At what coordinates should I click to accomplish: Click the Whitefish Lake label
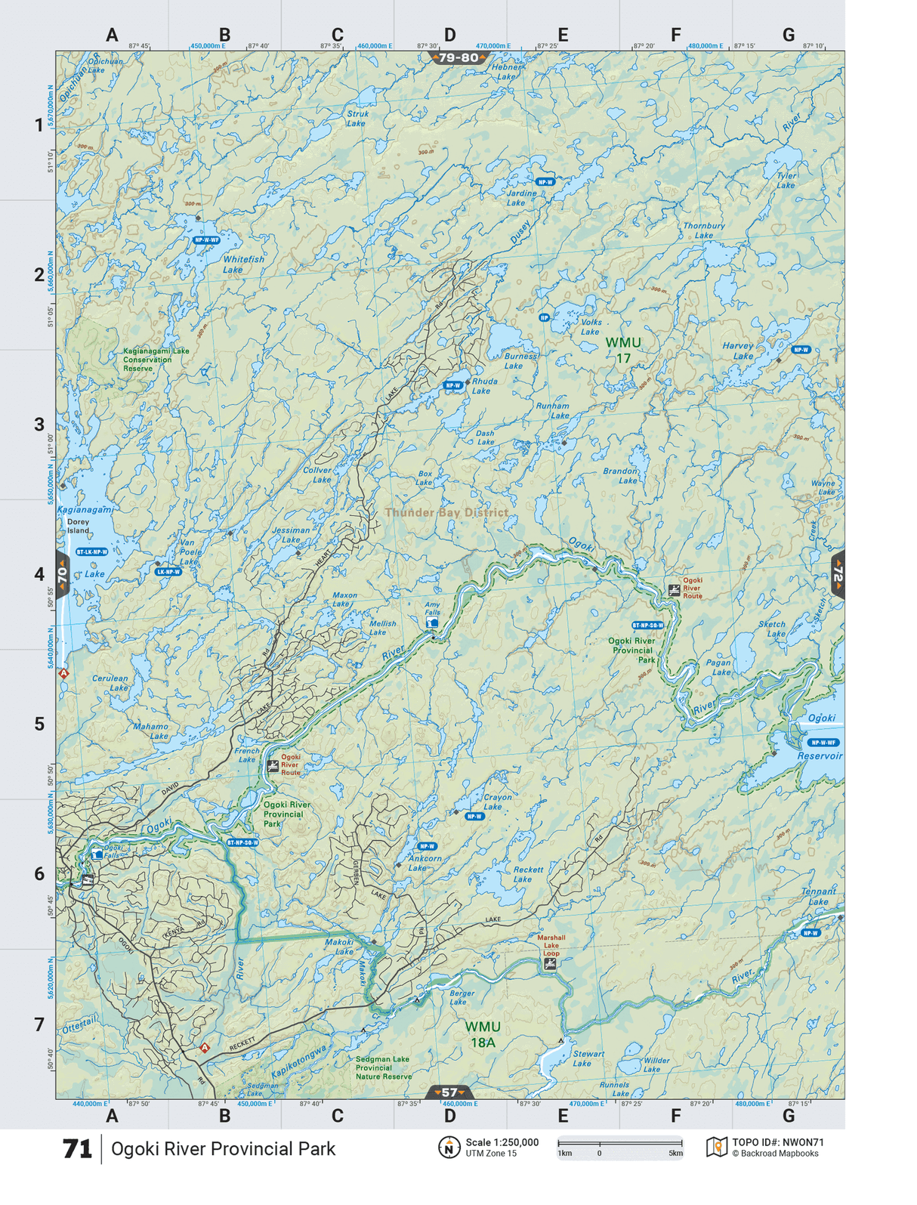coord(243,264)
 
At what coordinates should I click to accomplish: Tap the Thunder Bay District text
coord(446,513)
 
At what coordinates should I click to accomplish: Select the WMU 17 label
coord(623,350)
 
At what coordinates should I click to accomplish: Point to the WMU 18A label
coord(483,1034)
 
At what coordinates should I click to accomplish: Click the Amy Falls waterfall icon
coord(432,623)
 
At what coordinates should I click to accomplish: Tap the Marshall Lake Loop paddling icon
coord(550,965)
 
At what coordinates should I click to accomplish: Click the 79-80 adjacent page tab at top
coord(458,58)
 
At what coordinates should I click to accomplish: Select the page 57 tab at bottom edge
coord(449,1092)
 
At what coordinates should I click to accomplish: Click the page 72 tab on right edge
coord(838,575)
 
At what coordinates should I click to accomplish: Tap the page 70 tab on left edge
coord(63,575)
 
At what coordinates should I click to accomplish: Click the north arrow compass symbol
coord(449,1148)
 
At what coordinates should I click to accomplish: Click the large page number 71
coord(77,1149)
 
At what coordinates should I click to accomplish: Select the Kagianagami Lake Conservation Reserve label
coord(156,360)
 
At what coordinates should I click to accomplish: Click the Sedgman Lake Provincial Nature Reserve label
coord(384,1068)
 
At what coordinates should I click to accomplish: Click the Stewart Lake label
coord(588,1058)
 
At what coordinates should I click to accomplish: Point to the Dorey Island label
coord(78,526)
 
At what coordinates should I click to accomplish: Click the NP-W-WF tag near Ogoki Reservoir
coord(823,743)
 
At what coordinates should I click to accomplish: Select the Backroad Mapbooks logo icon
coord(716,1148)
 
